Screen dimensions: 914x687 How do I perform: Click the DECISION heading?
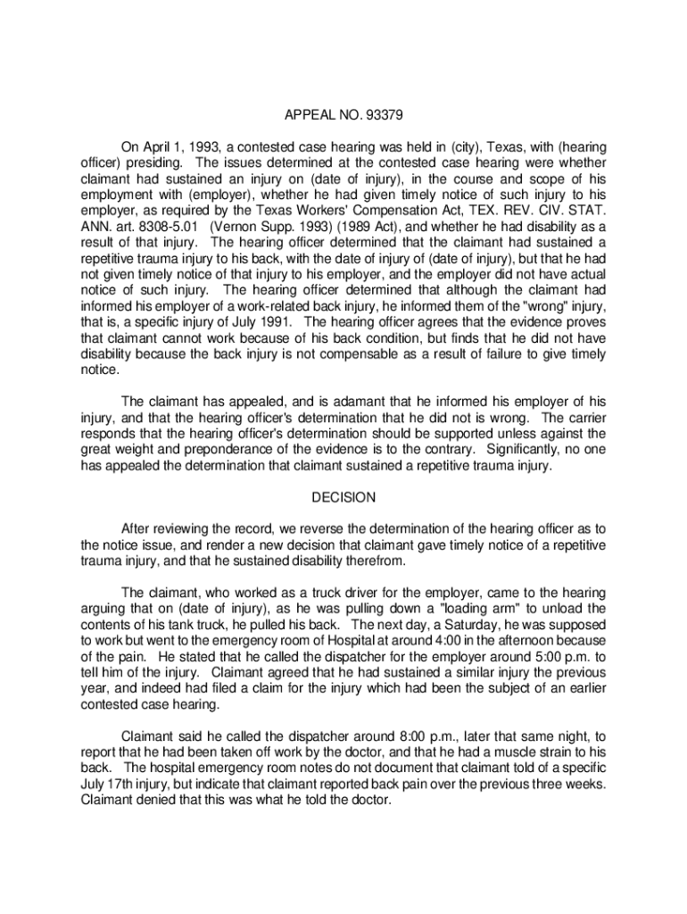coord(343,497)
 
